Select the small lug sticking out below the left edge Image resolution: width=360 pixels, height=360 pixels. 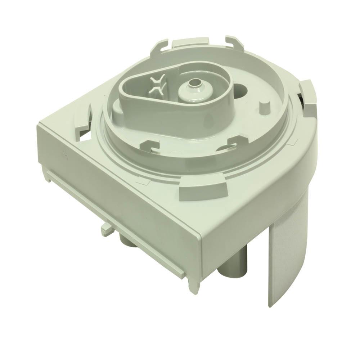pyautogui.click(x=105, y=227)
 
